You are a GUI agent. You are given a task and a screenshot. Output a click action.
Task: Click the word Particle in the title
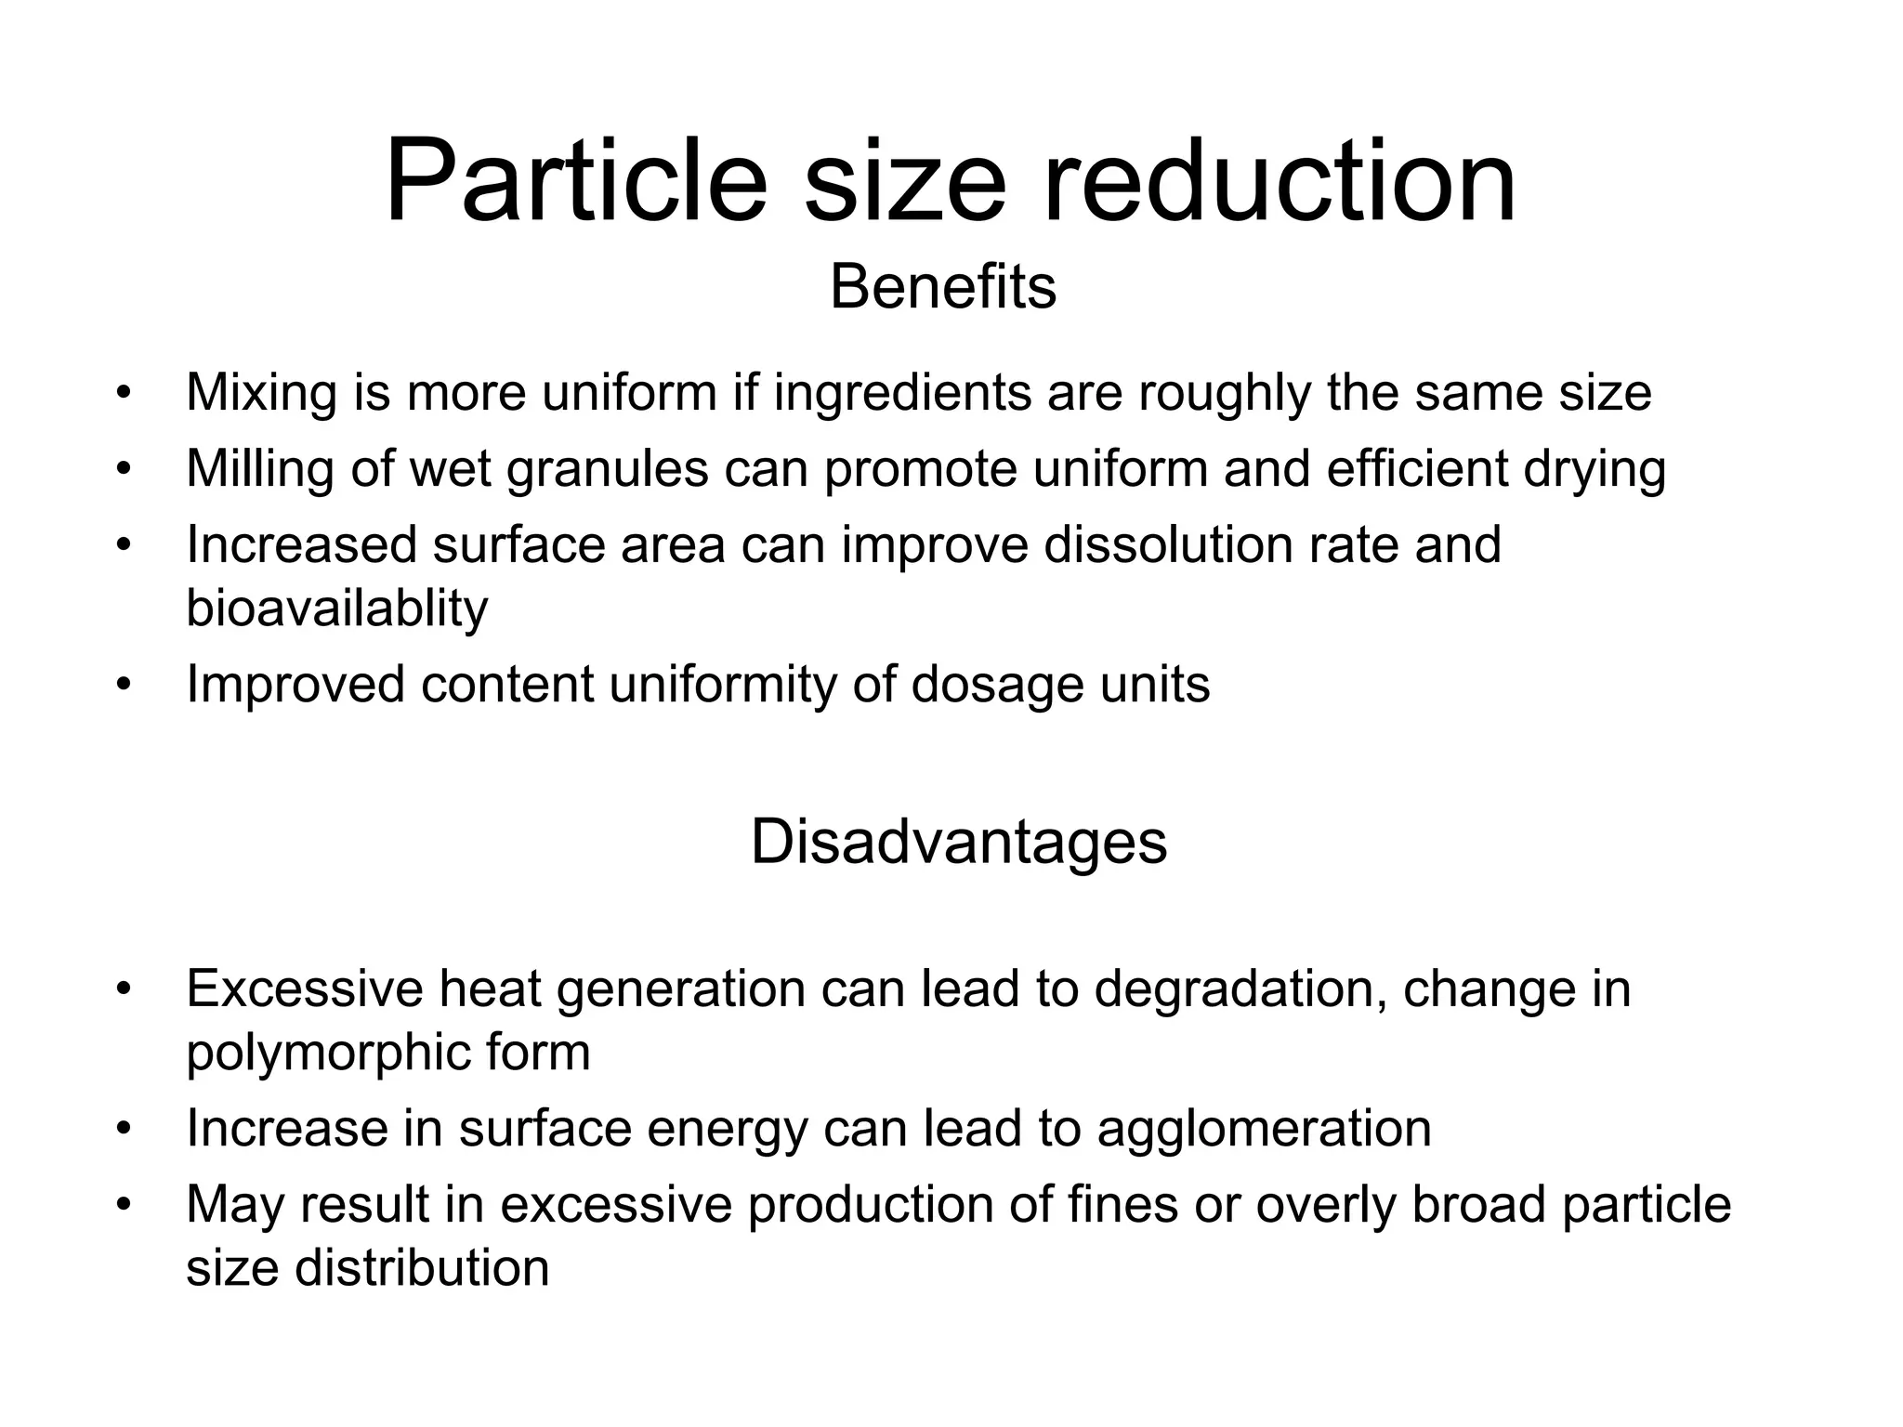(576, 181)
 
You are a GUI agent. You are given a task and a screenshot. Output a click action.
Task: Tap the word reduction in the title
(1280, 181)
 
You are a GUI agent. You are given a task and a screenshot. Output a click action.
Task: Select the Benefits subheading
(942, 287)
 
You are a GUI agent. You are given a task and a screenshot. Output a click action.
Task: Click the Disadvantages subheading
(958, 842)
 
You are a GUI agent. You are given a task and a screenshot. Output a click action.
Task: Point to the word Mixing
(261, 393)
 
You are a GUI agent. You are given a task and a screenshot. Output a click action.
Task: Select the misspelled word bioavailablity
(336, 609)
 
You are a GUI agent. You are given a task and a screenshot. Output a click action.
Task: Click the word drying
(1595, 469)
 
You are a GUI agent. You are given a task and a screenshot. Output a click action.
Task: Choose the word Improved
(295, 685)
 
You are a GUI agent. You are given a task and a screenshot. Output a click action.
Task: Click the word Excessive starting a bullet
(304, 988)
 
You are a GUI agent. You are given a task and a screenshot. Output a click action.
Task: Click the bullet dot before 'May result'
(123, 1205)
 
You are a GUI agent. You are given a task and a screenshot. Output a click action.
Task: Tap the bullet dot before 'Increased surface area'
(123, 545)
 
